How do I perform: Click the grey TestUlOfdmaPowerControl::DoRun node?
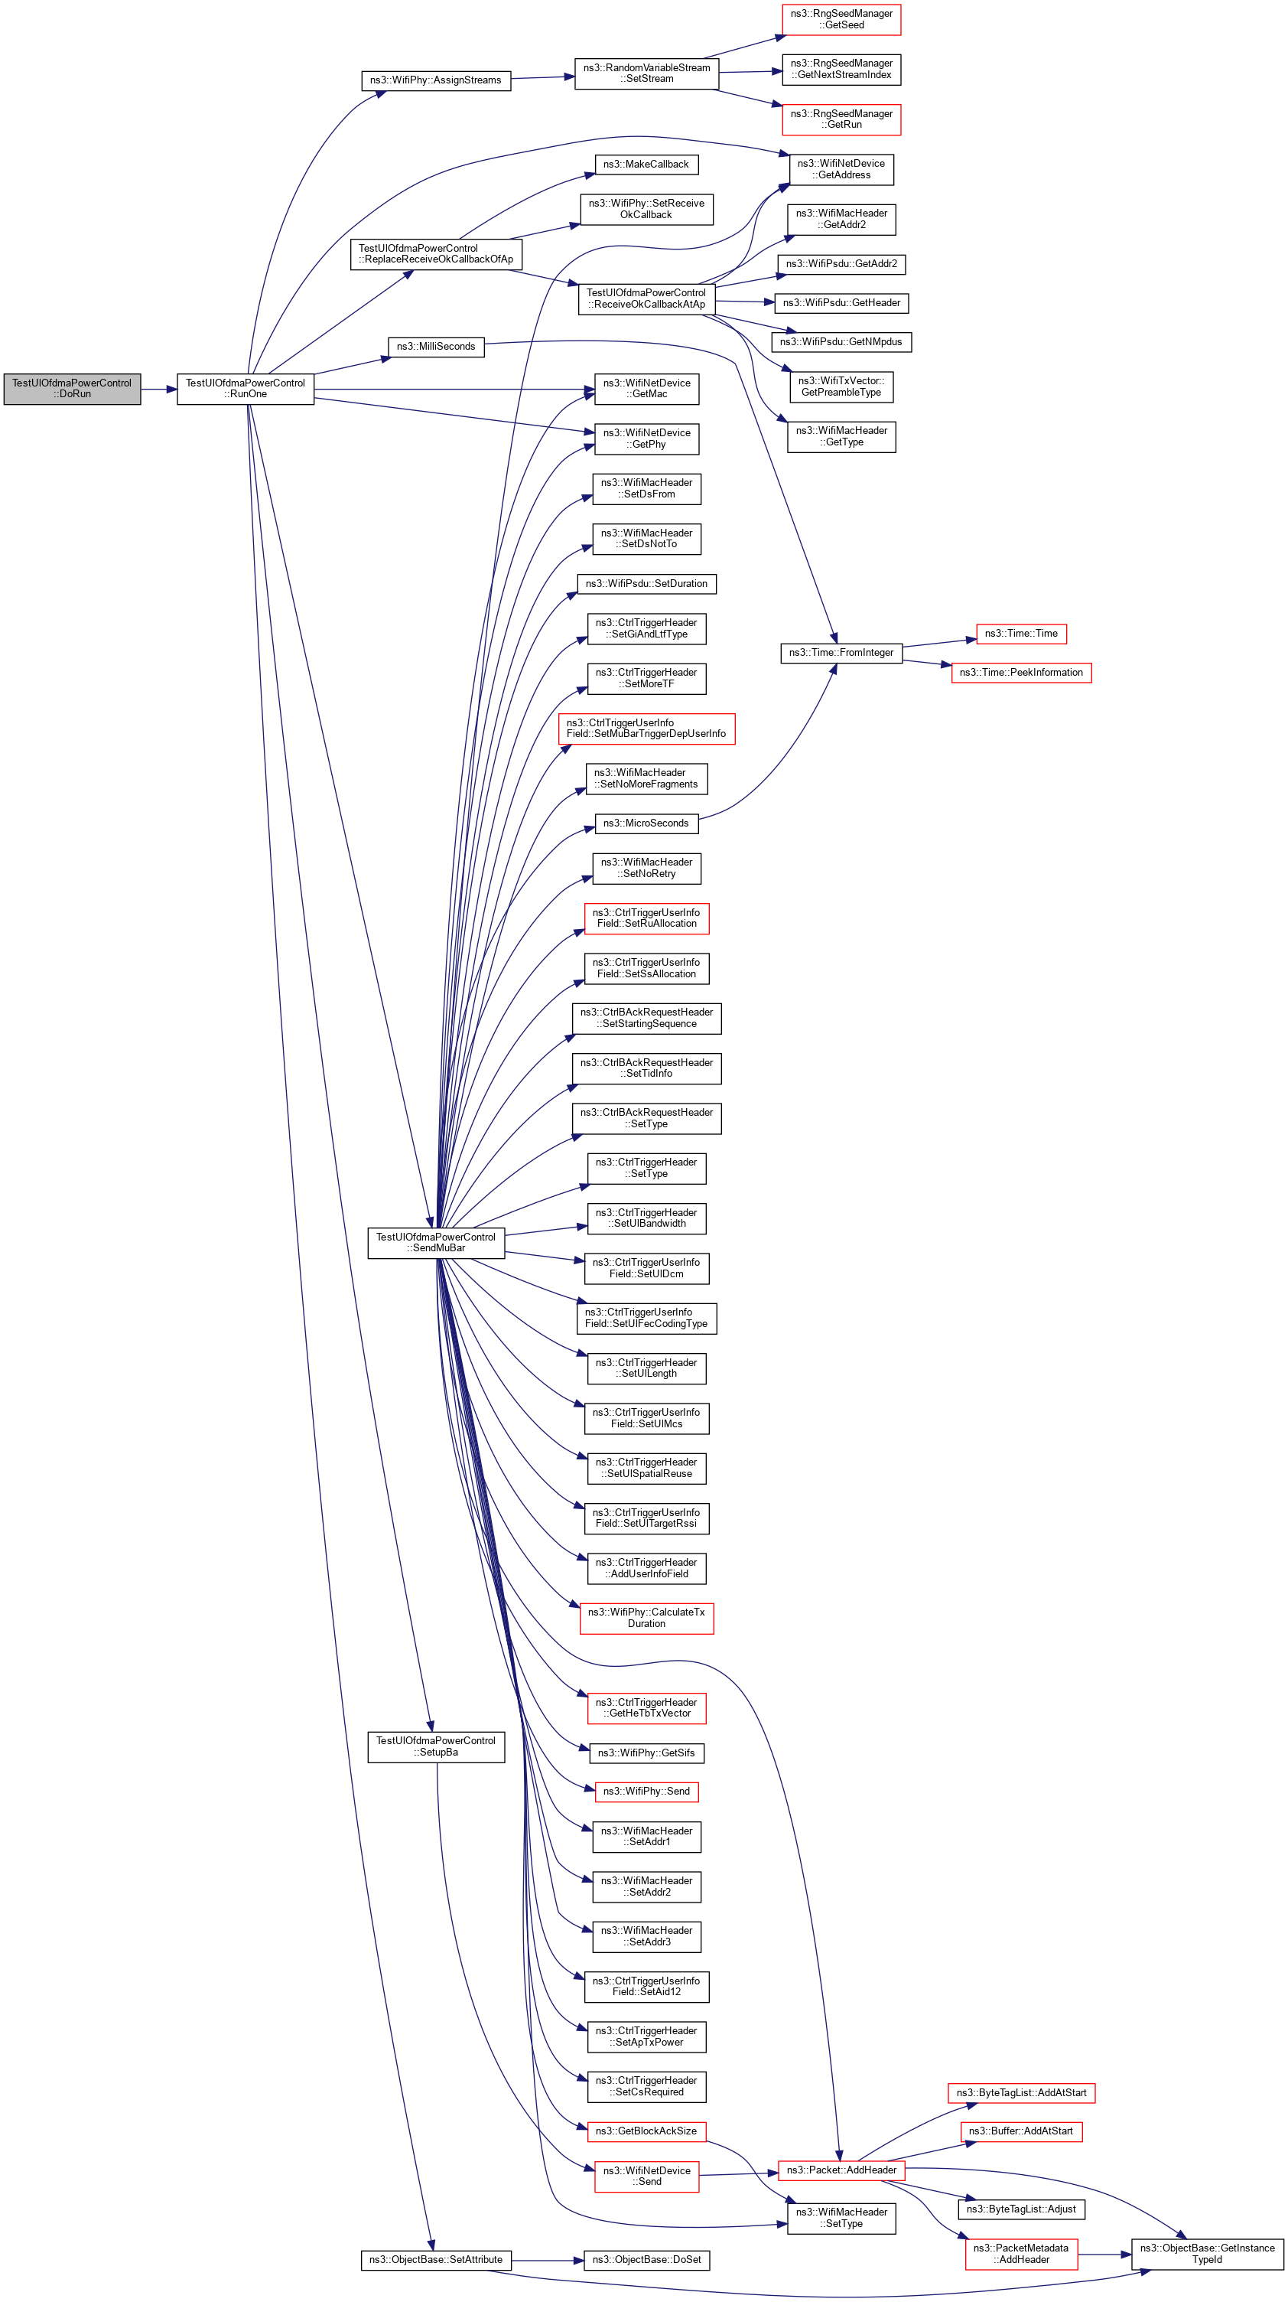(x=71, y=389)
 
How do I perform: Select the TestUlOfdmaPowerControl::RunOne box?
(x=245, y=389)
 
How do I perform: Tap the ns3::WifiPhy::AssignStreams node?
(x=435, y=80)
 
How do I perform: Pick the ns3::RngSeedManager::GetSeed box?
(x=841, y=20)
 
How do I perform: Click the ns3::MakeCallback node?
(x=645, y=165)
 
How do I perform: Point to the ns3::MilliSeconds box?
(x=436, y=347)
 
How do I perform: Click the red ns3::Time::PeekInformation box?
(x=1020, y=673)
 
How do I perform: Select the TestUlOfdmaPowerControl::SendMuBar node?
(x=435, y=1242)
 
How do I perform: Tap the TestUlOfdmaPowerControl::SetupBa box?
(x=435, y=1746)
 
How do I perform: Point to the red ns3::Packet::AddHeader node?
(x=841, y=2170)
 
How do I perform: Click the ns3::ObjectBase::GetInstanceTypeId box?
(x=1206, y=2253)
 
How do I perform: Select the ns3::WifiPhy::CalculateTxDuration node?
(x=646, y=1618)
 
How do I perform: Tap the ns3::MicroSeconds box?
(x=645, y=823)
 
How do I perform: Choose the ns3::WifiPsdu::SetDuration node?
(x=646, y=584)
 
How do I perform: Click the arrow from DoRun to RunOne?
(x=159, y=390)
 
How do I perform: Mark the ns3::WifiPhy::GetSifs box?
(x=646, y=1753)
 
